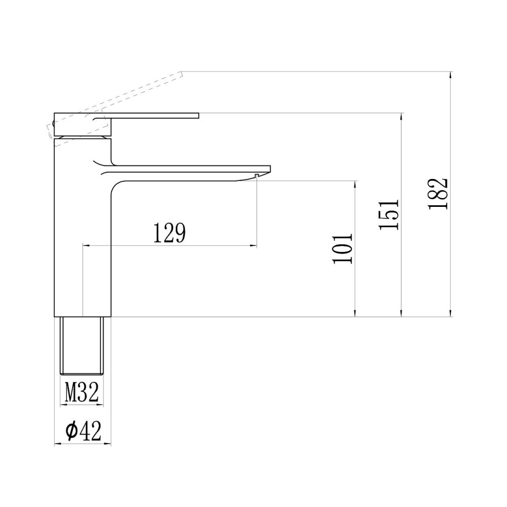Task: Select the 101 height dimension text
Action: pos(343,248)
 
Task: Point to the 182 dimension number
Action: pos(438,193)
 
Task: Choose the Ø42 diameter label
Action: pos(83,431)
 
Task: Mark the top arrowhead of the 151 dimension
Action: pos(402,116)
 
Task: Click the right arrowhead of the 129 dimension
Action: pos(253,246)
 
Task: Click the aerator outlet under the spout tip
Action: pos(257,175)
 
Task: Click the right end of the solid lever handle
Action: pos(197,116)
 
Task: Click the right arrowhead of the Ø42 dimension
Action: pos(108,444)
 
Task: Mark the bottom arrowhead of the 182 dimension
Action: pos(451,314)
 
